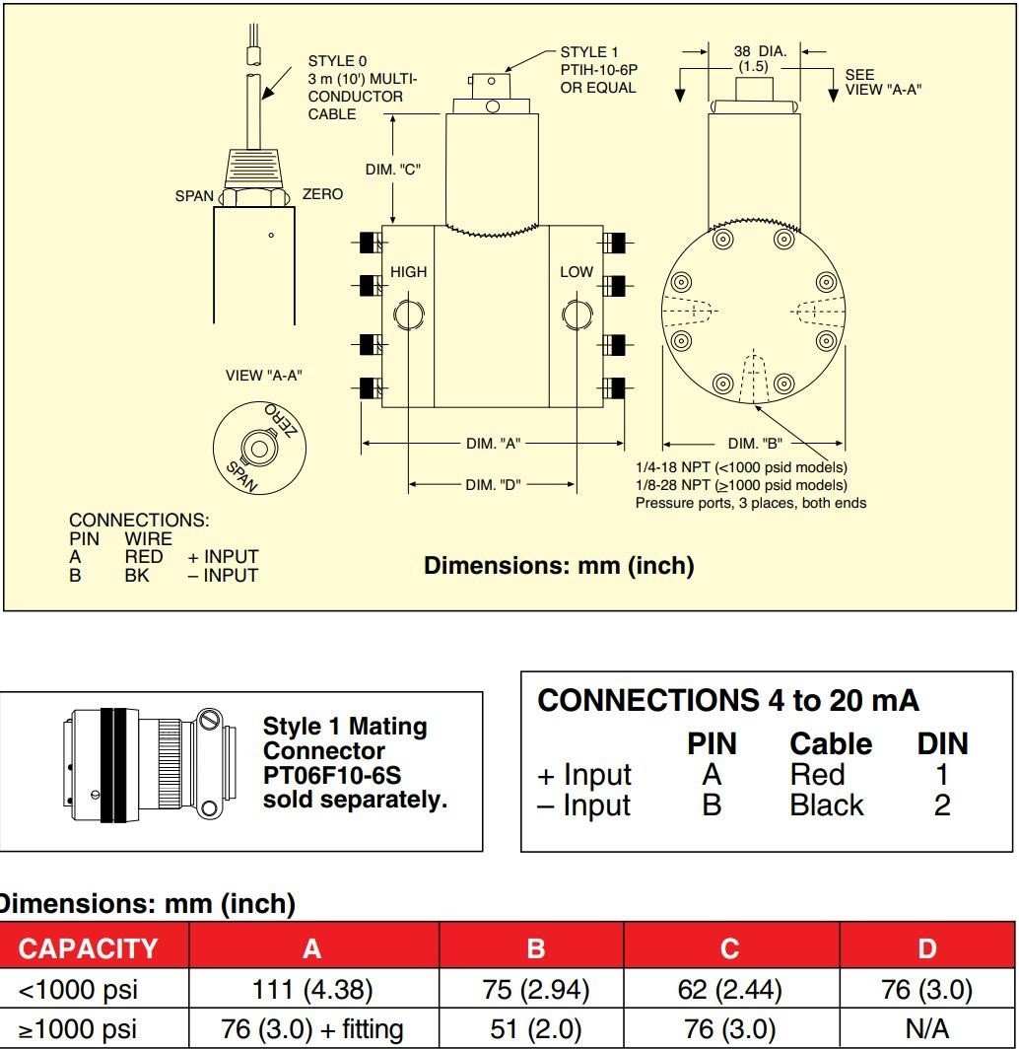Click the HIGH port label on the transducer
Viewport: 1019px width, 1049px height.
point(408,272)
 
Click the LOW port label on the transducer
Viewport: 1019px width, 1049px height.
point(577,272)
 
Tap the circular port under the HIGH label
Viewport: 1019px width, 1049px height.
point(408,315)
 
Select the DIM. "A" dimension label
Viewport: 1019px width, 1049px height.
point(493,444)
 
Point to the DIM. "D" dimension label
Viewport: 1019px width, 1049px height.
point(493,484)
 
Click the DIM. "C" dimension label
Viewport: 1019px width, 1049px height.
point(393,170)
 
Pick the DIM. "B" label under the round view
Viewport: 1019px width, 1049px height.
point(755,444)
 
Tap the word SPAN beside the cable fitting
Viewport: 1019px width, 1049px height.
point(194,196)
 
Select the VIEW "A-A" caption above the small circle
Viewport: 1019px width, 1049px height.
point(263,375)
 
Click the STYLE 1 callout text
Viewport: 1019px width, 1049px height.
point(588,52)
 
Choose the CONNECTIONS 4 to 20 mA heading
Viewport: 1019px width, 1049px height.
point(728,701)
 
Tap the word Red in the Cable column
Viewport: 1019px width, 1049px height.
point(817,775)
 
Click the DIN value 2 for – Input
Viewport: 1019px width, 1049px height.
point(942,805)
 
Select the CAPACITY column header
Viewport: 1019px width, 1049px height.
point(89,948)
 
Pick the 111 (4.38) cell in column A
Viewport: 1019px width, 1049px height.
point(311,990)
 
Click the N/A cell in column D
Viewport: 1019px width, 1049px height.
point(926,1030)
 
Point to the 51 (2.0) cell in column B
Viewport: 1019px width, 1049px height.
point(535,1030)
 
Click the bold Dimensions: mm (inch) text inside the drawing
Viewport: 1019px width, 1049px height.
point(559,566)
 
